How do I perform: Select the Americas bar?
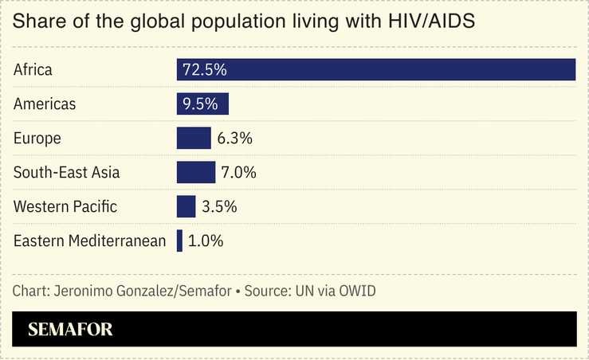(x=202, y=104)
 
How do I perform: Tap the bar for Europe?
(x=194, y=139)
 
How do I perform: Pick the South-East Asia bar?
(x=196, y=173)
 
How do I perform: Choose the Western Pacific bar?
(x=186, y=207)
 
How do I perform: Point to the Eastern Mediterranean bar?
(x=179, y=241)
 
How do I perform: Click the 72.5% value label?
(x=205, y=70)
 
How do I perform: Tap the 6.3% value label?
(x=235, y=139)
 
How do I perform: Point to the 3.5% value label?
(x=219, y=207)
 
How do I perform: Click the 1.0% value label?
(x=206, y=241)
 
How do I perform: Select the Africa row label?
(x=33, y=70)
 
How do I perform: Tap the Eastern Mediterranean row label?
(x=89, y=241)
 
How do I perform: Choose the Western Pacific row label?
(x=65, y=207)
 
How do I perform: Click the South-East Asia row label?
(x=67, y=173)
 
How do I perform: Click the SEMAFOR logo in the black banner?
(x=71, y=329)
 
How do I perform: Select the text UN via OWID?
(x=331, y=291)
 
